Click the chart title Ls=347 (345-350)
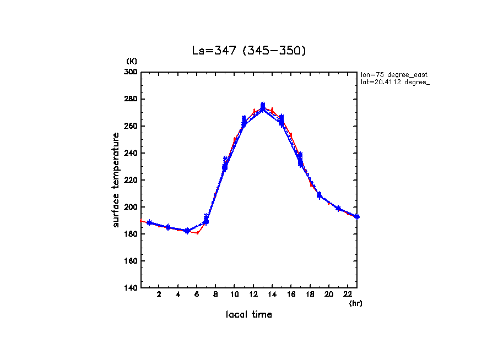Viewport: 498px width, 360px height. pos(248,51)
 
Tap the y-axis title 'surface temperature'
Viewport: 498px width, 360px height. pos(116,180)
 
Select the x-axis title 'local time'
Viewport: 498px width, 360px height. pos(248,314)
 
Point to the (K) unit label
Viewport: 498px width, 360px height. pos(132,61)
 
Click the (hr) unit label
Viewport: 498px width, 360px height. pos(355,303)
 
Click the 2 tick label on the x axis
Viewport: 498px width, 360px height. pos(159,295)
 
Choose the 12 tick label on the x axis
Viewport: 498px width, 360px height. pos(253,295)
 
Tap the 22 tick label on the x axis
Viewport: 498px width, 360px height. pos(348,295)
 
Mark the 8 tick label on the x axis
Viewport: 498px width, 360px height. pos(216,295)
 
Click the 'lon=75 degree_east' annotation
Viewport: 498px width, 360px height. pos(394,74)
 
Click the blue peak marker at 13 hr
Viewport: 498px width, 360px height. pos(263,106)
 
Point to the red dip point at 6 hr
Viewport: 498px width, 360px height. pos(197,233)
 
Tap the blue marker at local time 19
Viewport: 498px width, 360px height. pos(319,195)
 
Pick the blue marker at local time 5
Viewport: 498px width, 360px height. pos(187,231)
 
